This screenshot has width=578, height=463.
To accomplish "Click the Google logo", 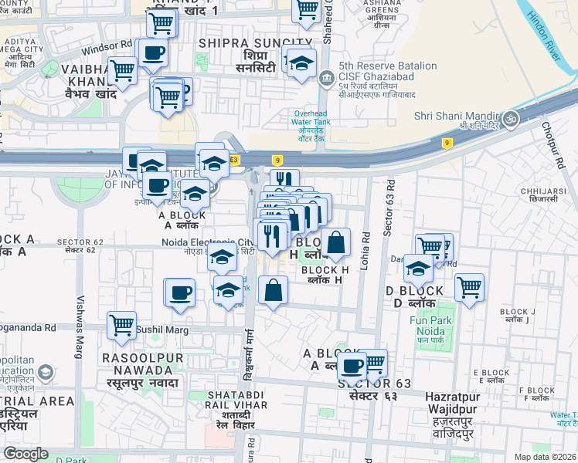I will point(26,454).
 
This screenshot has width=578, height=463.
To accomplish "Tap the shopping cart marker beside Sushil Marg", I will point(122,325).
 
